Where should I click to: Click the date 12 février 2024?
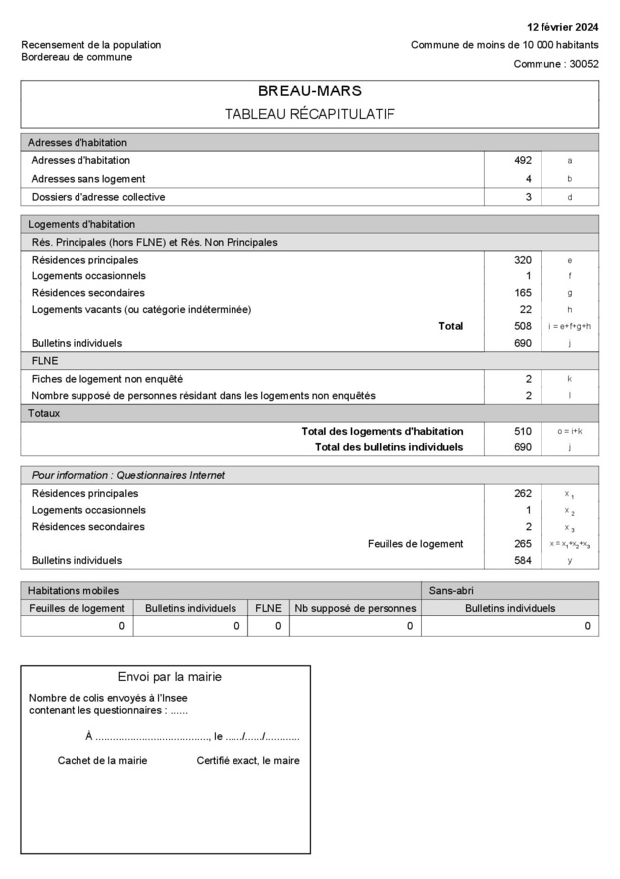[562, 26]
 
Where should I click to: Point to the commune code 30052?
[582, 64]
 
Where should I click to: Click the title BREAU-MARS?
[309, 91]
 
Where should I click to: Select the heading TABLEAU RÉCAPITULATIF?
[309, 114]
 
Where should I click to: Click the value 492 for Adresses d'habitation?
[523, 160]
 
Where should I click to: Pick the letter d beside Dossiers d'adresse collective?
[569, 197]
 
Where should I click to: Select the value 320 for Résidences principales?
[523, 260]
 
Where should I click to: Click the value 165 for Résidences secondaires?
[523, 293]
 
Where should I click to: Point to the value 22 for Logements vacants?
[526, 309]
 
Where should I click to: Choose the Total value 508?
[523, 326]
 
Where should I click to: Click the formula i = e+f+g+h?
[569, 326]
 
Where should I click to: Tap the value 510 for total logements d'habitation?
[523, 431]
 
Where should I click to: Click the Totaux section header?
[44, 412]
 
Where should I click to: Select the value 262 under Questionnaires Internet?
[523, 493]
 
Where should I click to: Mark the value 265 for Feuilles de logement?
[523, 544]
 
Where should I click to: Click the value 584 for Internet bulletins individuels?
[523, 561]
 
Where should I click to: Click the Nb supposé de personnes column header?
[354, 608]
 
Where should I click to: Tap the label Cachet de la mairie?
[102, 760]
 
